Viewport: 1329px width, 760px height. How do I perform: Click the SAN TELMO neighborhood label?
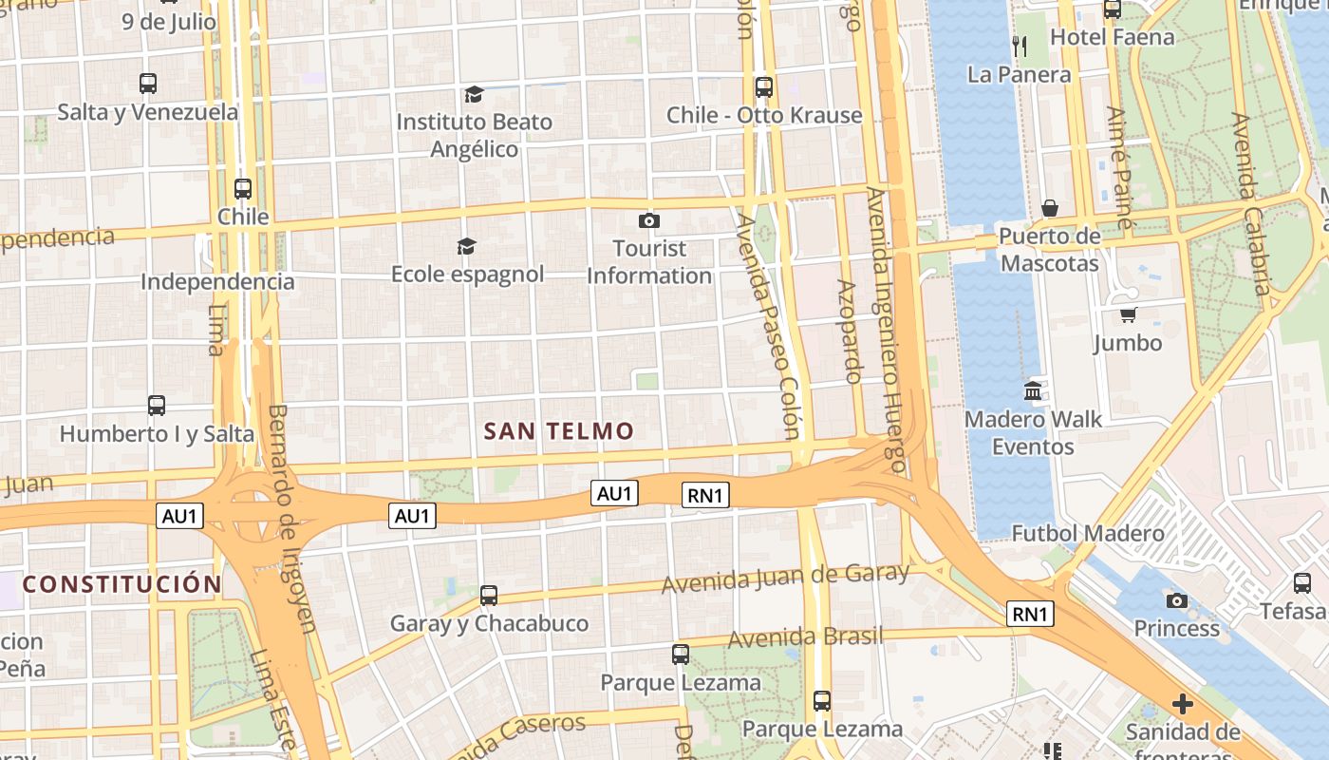click(x=558, y=431)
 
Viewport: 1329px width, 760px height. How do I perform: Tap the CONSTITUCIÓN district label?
click(x=122, y=583)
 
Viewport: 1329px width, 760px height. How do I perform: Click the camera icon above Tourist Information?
click(x=649, y=221)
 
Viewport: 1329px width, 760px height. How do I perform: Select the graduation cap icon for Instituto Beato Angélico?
click(x=474, y=94)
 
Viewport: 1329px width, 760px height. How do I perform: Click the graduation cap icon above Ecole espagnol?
click(x=466, y=247)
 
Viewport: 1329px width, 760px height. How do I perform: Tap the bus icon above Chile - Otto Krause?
click(x=764, y=87)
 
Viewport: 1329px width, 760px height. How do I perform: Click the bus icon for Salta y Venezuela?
click(x=148, y=84)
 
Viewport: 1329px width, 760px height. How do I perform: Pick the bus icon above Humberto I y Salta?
click(x=157, y=406)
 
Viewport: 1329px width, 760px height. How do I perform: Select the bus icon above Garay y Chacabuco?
click(x=489, y=596)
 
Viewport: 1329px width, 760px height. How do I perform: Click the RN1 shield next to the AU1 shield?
click(x=705, y=495)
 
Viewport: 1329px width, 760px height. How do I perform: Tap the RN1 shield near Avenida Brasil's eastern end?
click(x=1030, y=614)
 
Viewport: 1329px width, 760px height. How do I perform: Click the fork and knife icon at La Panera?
click(x=1020, y=46)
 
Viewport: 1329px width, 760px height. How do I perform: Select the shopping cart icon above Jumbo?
click(x=1128, y=314)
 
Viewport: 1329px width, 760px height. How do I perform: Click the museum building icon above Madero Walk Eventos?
click(x=1033, y=390)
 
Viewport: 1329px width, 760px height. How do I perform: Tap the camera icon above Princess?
click(x=1177, y=600)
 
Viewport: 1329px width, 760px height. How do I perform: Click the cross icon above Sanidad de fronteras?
click(x=1182, y=704)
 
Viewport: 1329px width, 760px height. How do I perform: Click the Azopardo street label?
click(x=849, y=331)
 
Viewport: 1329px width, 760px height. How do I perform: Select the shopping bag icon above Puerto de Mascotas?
click(x=1050, y=208)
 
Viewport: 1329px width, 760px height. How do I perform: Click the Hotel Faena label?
click(x=1112, y=37)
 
